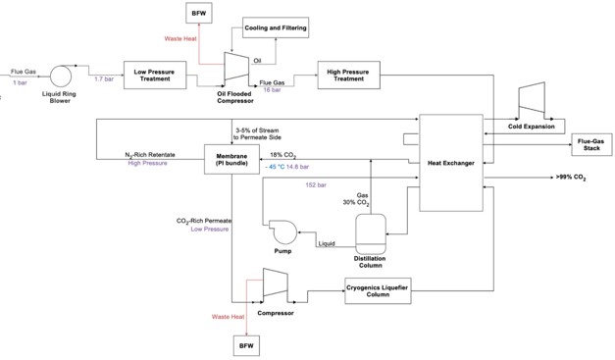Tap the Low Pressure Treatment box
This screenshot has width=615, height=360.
(155, 75)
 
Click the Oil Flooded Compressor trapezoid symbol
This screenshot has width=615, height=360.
(236, 67)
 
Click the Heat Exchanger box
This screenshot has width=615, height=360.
(451, 162)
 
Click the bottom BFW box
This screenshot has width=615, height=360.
(244, 345)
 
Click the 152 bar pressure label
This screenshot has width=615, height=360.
(317, 184)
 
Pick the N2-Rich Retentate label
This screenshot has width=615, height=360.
(149, 155)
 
